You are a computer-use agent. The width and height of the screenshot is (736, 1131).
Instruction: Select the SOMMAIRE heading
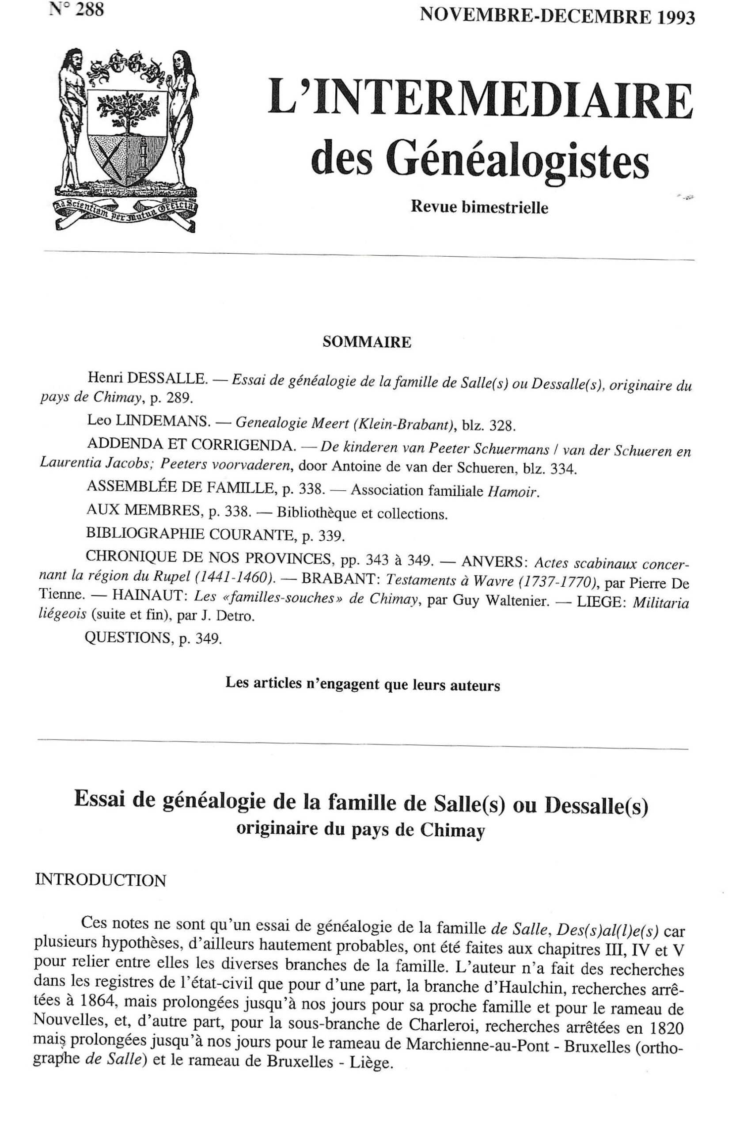[366, 343]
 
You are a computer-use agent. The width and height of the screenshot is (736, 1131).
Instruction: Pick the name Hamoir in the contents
[514, 491]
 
